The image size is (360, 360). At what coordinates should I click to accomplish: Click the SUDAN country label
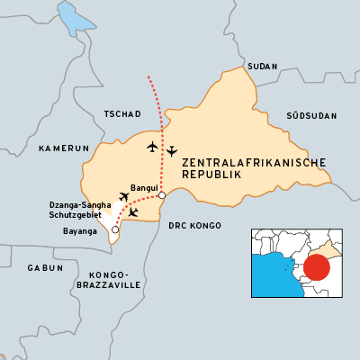point(262,67)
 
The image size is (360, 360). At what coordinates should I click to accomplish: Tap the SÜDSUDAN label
point(310,116)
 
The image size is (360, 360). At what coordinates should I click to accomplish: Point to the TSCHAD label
point(122,114)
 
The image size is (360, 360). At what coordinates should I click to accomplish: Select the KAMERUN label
point(64,148)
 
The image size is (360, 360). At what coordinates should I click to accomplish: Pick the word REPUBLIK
point(212,175)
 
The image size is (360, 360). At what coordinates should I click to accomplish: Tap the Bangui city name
point(144,188)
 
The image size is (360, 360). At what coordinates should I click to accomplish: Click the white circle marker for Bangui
point(162,195)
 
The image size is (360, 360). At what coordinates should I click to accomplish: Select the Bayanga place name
point(80,231)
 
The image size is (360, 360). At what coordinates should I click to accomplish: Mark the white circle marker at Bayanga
point(114,230)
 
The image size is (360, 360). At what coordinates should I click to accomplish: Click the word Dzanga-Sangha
point(79,205)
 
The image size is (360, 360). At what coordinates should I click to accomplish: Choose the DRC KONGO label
point(194,225)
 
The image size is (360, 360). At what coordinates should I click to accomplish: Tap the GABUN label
point(45,268)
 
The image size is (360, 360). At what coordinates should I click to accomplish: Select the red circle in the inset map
point(316,267)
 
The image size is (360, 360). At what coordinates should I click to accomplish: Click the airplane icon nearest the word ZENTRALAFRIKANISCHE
point(171,151)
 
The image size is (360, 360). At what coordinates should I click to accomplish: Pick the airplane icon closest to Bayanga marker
point(133,212)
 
